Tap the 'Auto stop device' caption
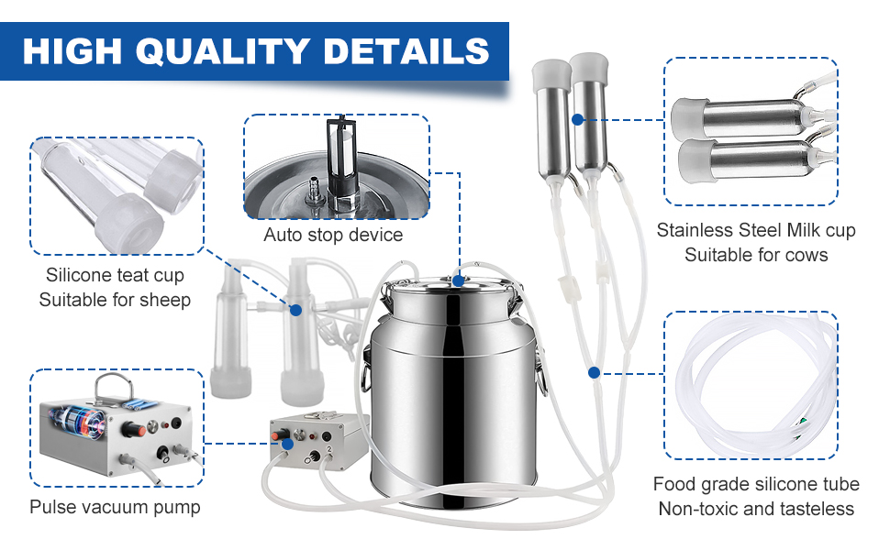(333, 236)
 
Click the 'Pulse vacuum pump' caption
(115, 507)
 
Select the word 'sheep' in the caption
(166, 300)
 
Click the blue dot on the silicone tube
(595, 373)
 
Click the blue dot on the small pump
(288, 443)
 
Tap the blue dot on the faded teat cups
(296, 311)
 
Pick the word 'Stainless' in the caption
(695, 230)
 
